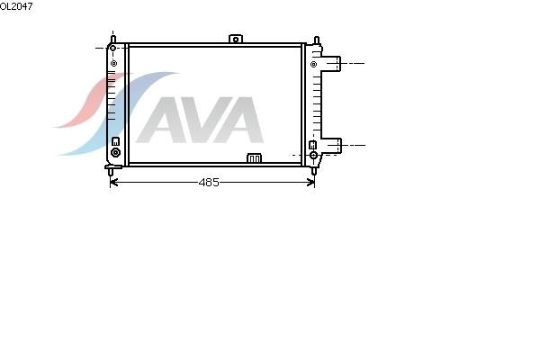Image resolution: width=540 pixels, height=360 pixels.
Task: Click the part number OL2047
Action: click(16, 6)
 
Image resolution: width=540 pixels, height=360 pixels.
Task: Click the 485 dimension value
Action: click(209, 182)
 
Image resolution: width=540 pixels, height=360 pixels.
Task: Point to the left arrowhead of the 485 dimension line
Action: click(114, 182)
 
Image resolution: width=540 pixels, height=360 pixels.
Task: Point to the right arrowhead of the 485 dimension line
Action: click(310, 182)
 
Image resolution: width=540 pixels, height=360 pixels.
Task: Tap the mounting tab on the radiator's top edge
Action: click(236, 39)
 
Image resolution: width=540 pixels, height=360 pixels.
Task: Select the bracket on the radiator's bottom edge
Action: click(254, 158)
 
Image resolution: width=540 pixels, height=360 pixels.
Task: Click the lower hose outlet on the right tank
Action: click(332, 146)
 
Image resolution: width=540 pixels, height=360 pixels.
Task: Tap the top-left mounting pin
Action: click(113, 39)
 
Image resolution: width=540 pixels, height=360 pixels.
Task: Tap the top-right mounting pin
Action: click(317, 40)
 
